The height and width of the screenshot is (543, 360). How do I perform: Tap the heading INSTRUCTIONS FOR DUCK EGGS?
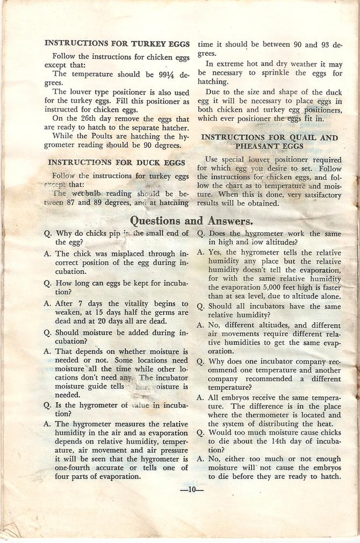click(x=117, y=162)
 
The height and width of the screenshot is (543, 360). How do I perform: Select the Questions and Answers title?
click(x=191, y=220)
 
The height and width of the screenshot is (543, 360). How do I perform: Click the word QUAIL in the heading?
click(x=304, y=137)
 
